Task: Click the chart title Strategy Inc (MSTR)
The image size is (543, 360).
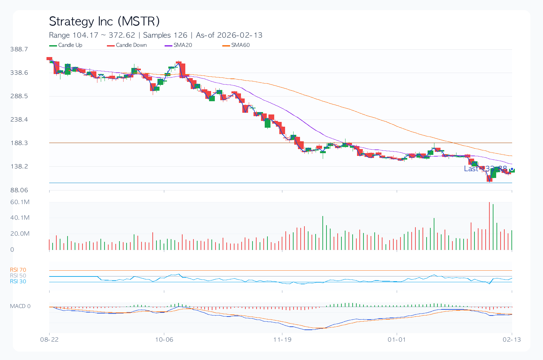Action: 104,21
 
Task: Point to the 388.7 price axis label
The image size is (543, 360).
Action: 19,49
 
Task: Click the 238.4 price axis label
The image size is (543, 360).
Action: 19,120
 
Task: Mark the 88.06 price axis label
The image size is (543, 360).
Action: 19,190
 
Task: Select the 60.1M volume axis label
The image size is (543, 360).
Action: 20,202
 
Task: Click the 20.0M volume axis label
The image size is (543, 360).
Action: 20,234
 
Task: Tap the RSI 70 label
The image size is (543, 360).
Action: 18,270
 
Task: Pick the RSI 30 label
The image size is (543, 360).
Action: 18,282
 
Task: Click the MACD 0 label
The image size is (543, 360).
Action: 20,306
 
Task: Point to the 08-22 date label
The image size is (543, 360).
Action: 49,340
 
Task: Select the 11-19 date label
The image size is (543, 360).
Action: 282,340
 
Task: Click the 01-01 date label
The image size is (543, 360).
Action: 397,340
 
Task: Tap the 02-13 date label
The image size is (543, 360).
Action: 512,340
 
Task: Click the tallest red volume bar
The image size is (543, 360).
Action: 489,226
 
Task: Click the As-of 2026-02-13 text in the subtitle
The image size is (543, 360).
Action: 229,35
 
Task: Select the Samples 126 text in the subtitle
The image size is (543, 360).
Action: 165,35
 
